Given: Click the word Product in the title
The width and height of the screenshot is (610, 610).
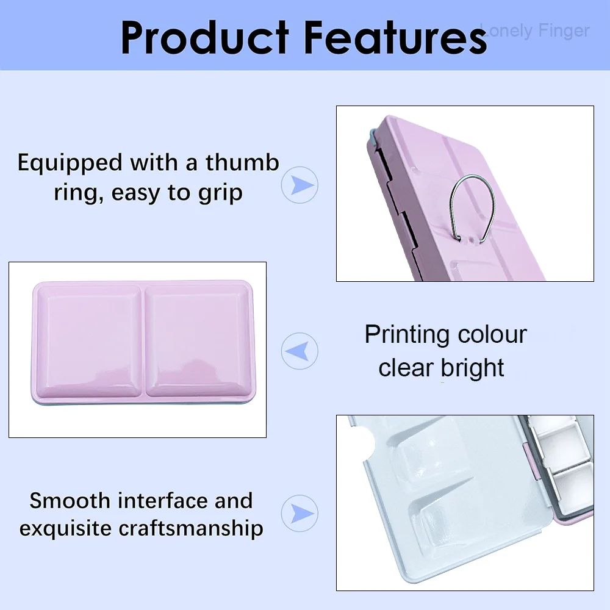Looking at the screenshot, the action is tap(205, 38).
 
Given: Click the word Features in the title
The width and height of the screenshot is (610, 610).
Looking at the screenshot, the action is tap(395, 37).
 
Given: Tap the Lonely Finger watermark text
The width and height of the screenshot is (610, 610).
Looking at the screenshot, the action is tap(536, 31).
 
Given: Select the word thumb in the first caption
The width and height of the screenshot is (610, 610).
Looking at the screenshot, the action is tap(242, 163).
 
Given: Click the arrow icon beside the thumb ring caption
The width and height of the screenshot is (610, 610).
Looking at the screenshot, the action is tap(300, 185).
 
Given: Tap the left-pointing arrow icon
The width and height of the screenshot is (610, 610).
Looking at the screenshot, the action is tap(300, 351).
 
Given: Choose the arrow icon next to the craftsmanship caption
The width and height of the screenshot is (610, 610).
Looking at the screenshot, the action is tap(300, 514).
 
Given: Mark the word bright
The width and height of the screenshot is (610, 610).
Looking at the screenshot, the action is tap(472, 368).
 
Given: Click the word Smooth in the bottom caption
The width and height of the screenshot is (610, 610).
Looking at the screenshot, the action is tap(70, 500).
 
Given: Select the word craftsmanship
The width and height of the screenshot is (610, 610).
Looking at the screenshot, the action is tap(190, 529).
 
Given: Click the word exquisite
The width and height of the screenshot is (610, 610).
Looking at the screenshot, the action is tap(65, 529).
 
